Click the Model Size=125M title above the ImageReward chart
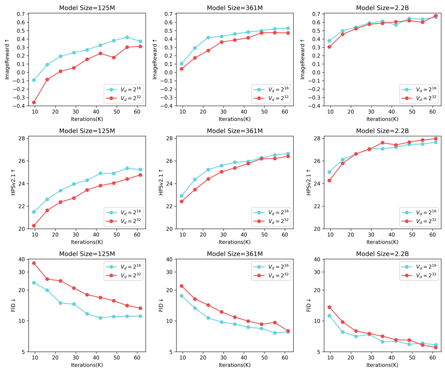tap(87, 8)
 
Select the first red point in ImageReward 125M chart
tap(34, 102)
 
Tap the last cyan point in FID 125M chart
tap(140, 316)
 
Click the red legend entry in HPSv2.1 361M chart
tap(271, 221)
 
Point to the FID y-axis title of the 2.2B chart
tap(308, 305)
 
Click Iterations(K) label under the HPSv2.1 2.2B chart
tap(382, 242)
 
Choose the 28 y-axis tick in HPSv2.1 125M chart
tap(22, 138)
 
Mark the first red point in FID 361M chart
tap(182, 286)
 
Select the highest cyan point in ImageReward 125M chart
tap(127, 37)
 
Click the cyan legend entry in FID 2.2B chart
tap(419, 267)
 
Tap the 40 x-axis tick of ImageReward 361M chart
tap(244, 112)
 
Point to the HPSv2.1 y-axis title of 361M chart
tap(161, 182)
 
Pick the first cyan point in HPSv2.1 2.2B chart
tap(329, 172)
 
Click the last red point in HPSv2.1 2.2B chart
tap(436, 139)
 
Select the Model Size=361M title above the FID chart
tap(235, 254)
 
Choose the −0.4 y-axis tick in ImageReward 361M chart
tap(167, 106)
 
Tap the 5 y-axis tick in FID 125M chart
tap(23, 352)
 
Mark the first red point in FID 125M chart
tap(34, 263)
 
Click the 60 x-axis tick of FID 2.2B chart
tap(432, 357)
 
